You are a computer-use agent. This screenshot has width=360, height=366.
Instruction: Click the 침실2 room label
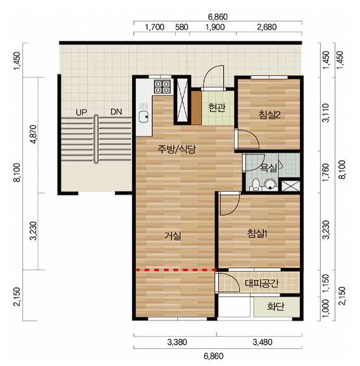[269, 115]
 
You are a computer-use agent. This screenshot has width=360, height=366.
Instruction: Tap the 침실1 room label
[258, 233]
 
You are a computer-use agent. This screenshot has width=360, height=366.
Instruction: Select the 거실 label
[172, 236]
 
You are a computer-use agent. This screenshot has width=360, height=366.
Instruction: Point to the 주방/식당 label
[177, 149]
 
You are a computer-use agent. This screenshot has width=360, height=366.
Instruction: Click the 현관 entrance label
[217, 107]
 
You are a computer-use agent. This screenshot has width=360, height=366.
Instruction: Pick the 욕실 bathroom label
[269, 168]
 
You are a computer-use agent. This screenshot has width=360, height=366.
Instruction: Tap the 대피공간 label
[262, 283]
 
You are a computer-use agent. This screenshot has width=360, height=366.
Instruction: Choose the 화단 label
[276, 307]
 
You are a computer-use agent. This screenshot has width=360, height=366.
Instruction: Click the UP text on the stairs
[81, 113]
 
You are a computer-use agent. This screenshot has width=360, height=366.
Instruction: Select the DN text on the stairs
[116, 112]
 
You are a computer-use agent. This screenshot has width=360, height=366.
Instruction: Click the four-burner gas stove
[162, 87]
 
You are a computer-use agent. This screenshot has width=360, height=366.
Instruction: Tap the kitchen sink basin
[144, 116]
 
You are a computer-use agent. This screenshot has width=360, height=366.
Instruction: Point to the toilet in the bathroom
[256, 185]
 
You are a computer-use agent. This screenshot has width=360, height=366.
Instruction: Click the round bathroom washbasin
[270, 184]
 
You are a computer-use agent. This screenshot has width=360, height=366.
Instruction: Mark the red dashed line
[176, 270]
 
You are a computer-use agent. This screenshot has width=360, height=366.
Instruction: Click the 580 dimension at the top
[182, 27]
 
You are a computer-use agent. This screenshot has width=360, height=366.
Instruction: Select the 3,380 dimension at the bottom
[177, 342]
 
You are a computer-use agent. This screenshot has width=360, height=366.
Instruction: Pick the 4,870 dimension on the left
[34, 135]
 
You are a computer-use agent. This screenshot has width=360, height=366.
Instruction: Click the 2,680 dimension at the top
[267, 27]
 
